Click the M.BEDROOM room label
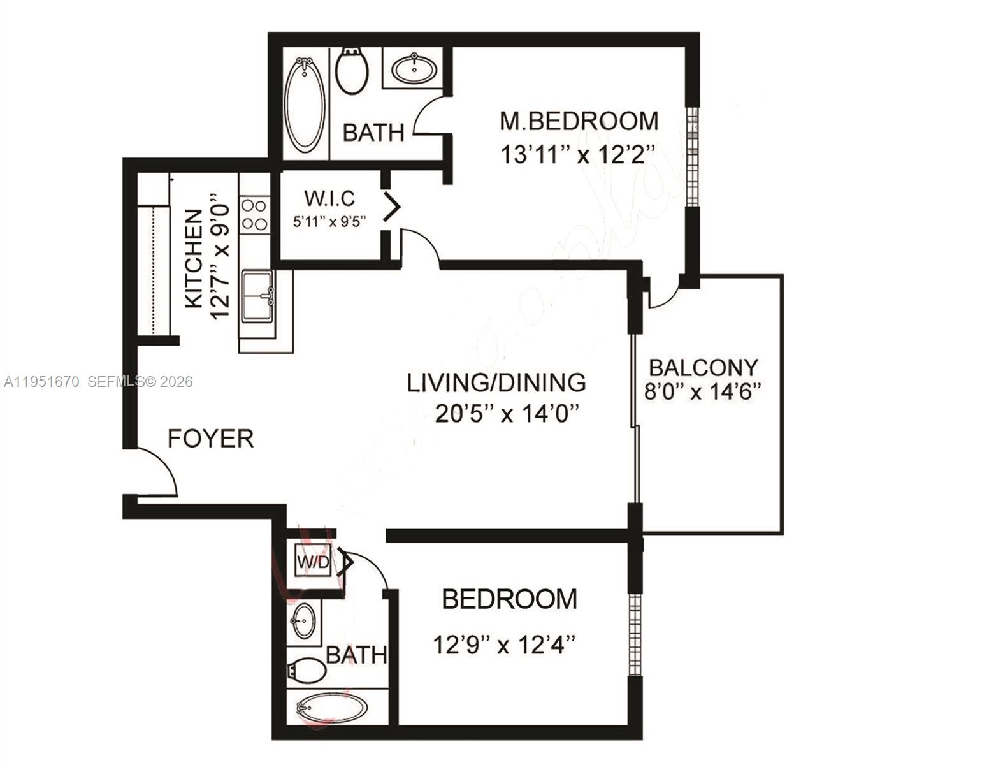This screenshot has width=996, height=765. tap(579, 120)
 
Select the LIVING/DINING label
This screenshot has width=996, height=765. tap(496, 382)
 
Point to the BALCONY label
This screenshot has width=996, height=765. tap(704, 367)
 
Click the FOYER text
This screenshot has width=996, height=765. tap(210, 439)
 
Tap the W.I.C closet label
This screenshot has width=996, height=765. tap(329, 198)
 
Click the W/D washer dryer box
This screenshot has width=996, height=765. tap(314, 562)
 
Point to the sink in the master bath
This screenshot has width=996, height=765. tap(414, 68)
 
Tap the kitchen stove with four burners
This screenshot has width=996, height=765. tap(254, 214)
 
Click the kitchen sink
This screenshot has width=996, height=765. tap(258, 296)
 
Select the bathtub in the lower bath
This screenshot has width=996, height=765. tap(331, 708)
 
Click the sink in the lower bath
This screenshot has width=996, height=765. tap(303, 620)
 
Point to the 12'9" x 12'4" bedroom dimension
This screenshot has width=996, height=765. tap(504, 645)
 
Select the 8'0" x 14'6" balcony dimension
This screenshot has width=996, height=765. tap(703, 391)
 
